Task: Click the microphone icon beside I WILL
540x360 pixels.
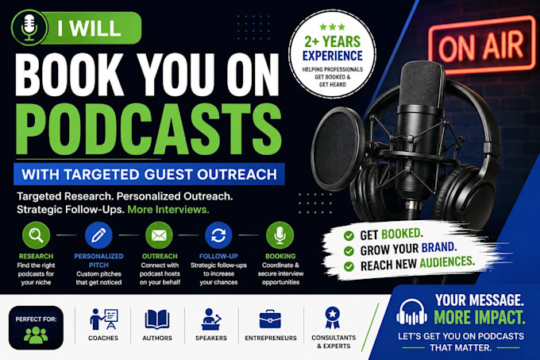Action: tap(29, 28)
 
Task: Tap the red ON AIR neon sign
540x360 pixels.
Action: tap(482, 45)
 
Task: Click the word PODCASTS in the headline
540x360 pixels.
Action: tap(148, 130)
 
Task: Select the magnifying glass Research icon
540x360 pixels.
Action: tap(36, 235)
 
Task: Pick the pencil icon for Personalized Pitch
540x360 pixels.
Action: tap(98, 235)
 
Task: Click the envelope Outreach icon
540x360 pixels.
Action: tap(159, 235)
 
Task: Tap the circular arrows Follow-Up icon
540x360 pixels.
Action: tap(218, 235)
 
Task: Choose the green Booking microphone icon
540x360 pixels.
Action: tap(280, 235)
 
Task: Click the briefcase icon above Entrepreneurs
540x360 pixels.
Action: tap(270, 319)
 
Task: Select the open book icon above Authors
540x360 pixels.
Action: tap(157, 319)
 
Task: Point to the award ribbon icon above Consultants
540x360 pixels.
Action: tap(332, 318)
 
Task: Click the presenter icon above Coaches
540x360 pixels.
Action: tap(104, 319)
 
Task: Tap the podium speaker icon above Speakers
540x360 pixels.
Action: tap(210, 319)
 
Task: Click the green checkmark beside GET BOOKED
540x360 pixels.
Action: tap(349, 236)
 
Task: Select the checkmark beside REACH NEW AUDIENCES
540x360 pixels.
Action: tap(349, 266)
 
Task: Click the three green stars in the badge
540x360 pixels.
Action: tap(332, 27)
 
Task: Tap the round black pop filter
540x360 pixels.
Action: tap(337, 149)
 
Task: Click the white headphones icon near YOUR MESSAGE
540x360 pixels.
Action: tap(411, 312)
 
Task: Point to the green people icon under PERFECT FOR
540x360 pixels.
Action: tap(36, 335)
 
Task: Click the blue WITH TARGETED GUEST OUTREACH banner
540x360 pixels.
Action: tap(149, 174)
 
